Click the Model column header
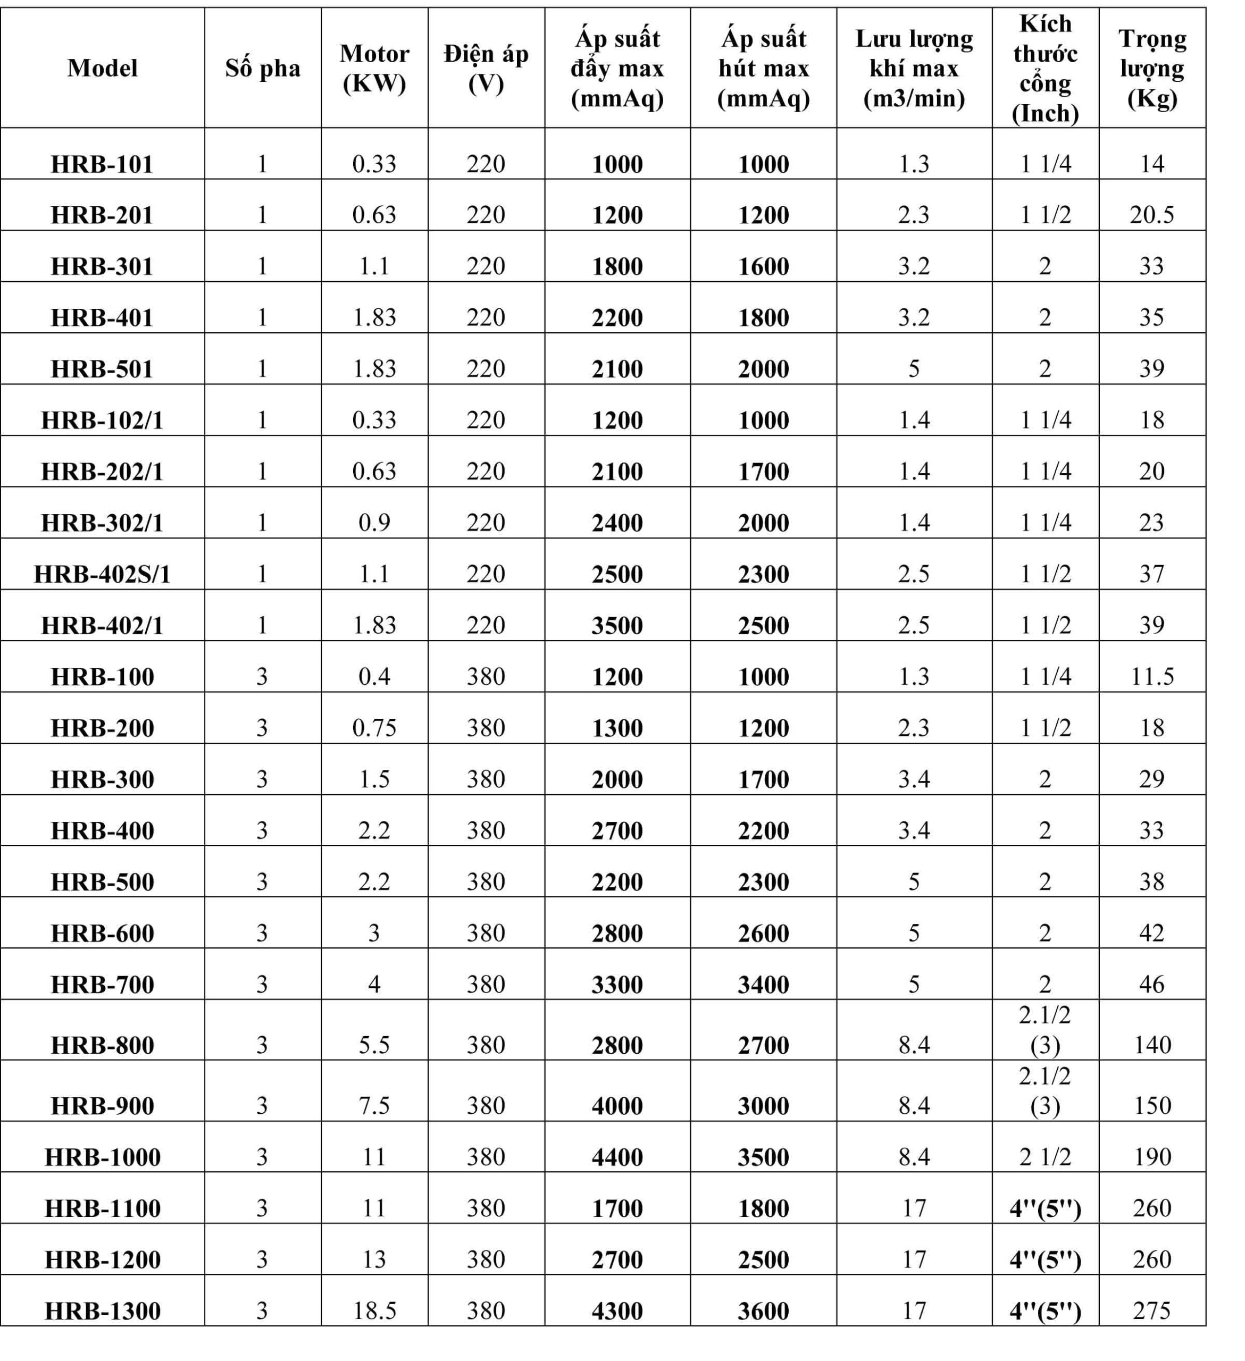[103, 68]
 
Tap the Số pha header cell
[263, 68]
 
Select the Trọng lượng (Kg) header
[1152, 68]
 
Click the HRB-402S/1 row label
[103, 574]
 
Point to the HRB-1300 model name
[103, 1310]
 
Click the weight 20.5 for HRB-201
[1152, 215]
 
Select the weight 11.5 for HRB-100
[1152, 676]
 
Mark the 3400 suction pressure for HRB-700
[763, 984]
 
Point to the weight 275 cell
[1152, 1310]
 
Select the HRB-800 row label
[103, 1045]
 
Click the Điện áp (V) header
[486, 68]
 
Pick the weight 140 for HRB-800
[1152, 1045]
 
